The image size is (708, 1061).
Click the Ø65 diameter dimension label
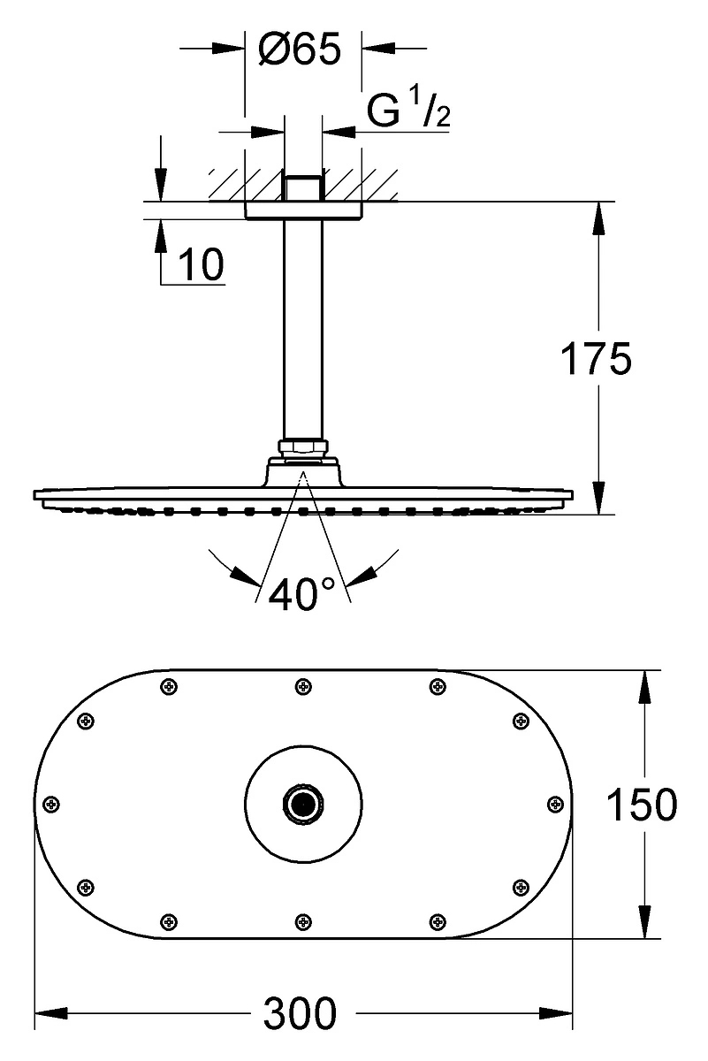tap(300, 49)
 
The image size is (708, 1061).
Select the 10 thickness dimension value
tap(202, 263)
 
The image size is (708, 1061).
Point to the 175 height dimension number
tap(597, 358)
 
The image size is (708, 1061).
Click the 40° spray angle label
tap(301, 592)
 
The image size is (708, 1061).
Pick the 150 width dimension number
tap(642, 805)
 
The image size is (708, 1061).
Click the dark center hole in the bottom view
tap(303, 804)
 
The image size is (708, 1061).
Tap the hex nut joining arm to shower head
tap(302, 447)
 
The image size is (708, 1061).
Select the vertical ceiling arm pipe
tap(302, 330)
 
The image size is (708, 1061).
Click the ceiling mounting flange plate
tap(303, 210)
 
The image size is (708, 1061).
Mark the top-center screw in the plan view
tap(303, 686)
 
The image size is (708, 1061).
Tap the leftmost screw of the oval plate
tap(51, 804)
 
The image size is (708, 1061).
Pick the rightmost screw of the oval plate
tap(555, 804)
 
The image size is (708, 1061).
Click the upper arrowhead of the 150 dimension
tap(644, 687)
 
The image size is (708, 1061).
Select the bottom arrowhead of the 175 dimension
tap(599, 498)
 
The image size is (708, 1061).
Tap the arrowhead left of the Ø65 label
tap(228, 48)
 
